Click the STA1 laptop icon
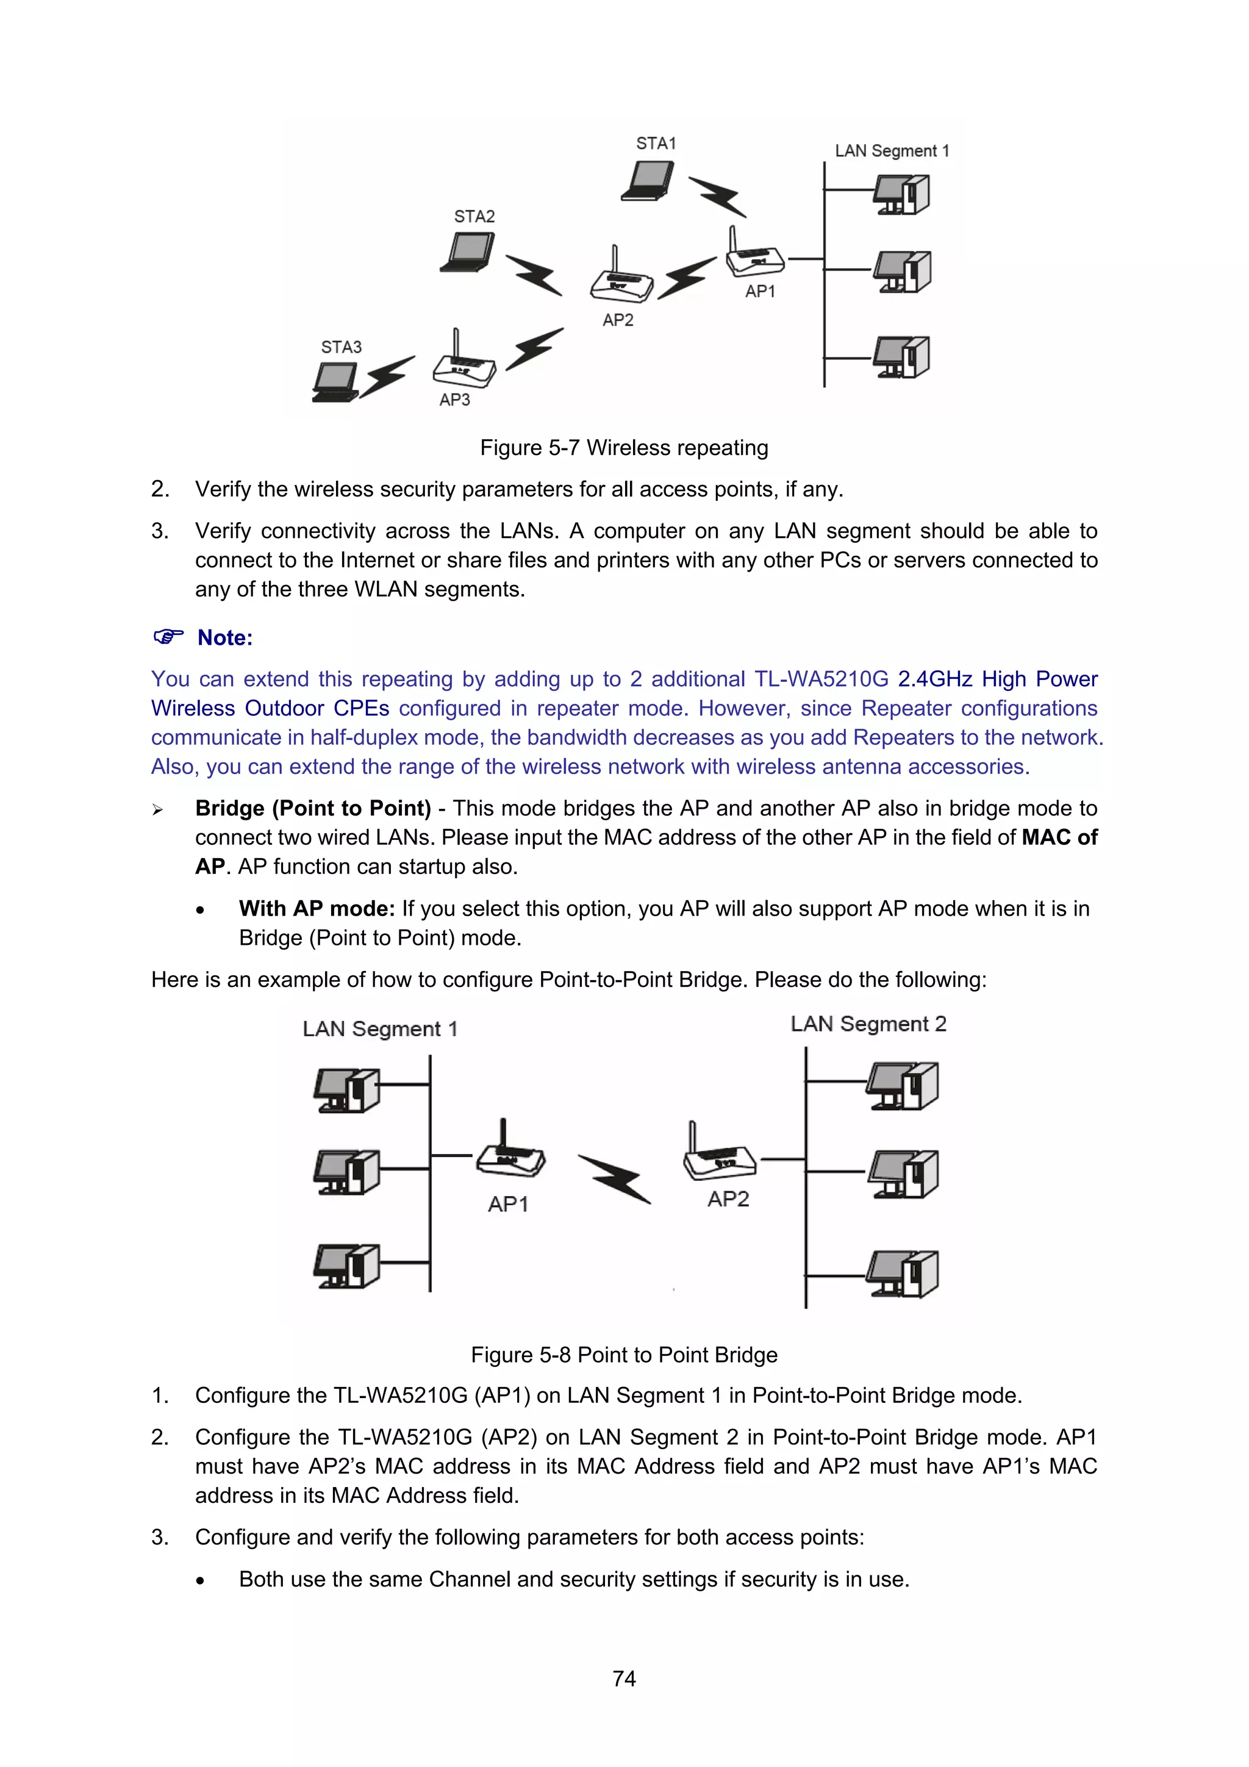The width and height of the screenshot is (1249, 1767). click(648, 181)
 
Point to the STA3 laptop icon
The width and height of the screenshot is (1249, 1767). click(335, 382)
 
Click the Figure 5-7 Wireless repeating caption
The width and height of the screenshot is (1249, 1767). click(624, 448)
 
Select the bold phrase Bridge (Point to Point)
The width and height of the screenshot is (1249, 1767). click(313, 808)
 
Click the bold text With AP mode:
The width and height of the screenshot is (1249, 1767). click(317, 908)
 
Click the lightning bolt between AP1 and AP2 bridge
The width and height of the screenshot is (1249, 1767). click(615, 1177)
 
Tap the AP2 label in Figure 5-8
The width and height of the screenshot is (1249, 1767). click(728, 1199)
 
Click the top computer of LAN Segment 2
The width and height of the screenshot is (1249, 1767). click(902, 1085)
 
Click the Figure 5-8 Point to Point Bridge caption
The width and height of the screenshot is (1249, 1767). click(624, 1355)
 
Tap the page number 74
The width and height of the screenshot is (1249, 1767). click(624, 1678)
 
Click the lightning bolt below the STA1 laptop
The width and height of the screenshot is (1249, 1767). click(717, 197)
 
